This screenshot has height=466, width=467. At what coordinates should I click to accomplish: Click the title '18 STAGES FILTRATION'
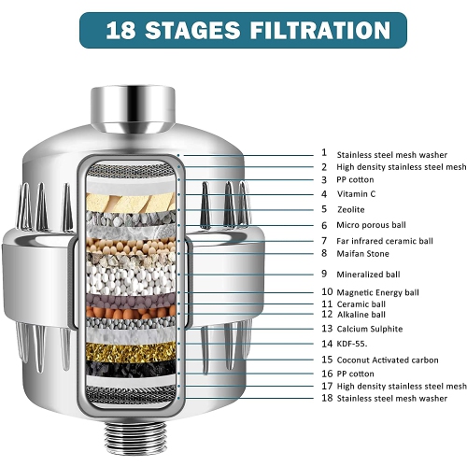pyautogui.click(x=233, y=29)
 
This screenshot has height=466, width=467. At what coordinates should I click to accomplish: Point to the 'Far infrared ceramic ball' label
pyautogui.click(x=385, y=241)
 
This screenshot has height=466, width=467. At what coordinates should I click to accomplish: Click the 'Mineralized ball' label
pyautogui.click(x=369, y=274)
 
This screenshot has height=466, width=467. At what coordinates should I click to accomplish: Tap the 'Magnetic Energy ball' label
pyautogui.click(x=378, y=292)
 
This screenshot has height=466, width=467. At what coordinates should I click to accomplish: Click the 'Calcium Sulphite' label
pyautogui.click(x=370, y=329)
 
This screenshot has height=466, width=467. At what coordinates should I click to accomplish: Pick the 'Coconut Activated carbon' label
pyautogui.click(x=386, y=359)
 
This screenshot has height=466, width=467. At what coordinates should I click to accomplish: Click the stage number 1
pyautogui.click(x=324, y=152)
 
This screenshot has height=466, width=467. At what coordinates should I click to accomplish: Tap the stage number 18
pyautogui.click(x=327, y=399)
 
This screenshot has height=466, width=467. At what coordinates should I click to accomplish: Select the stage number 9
pyautogui.click(x=324, y=274)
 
